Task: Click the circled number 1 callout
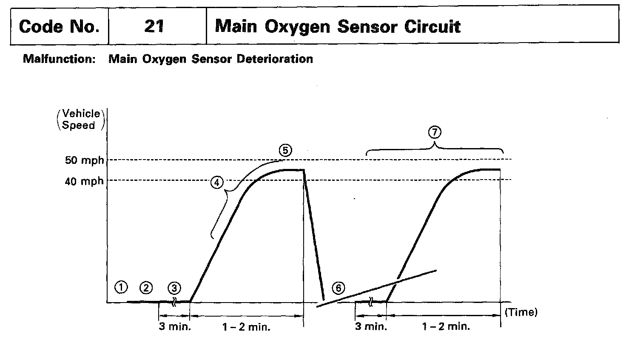pyautogui.click(x=121, y=288)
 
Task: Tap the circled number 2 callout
pyautogui.click(x=146, y=288)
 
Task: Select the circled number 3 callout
pyautogui.click(x=174, y=288)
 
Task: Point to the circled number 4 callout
pyautogui.click(x=216, y=183)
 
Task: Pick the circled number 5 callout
pyautogui.click(x=285, y=150)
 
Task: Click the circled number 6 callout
pyautogui.click(x=339, y=288)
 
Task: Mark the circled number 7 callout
pyautogui.click(x=434, y=132)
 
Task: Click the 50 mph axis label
pyautogui.click(x=84, y=160)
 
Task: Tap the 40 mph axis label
pyautogui.click(x=84, y=181)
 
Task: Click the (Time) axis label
pyautogui.click(x=521, y=312)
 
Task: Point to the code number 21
pyautogui.click(x=154, y=26)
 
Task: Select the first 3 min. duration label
pyautogui.click(x=175, y=327)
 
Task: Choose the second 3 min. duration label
pyautogui.click(x=371, y=327)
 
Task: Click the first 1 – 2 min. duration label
pyautogui.click(x=246, y=327)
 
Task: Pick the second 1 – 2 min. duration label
pyautogui.click(x=446, y=327)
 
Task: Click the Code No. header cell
pyautogui.click(x=59, y=26)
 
